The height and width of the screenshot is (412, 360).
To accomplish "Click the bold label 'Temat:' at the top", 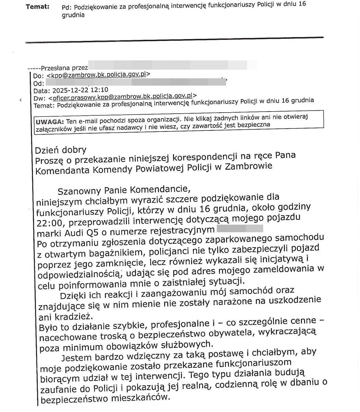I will pyautogui.click(x=37, y=7).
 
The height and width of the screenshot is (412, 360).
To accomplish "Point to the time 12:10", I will pyautogui.click(x=100, y=90).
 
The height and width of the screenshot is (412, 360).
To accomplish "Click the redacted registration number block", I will pyautogui.click(x=240, y=229).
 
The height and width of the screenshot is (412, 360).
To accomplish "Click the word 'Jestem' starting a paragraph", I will pyautogui.click(x=78, y=358).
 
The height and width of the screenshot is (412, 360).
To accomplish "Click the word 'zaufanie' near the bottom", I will pyautogui.click(x=60, y=389).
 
